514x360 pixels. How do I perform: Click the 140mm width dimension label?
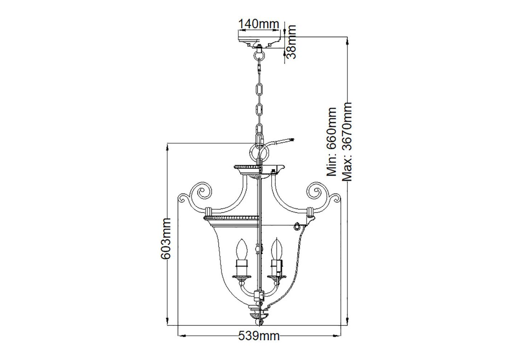[x=259, y=24]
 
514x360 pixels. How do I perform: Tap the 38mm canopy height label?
[x=291, y=42]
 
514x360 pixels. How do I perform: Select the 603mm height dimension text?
[x=165, y=239]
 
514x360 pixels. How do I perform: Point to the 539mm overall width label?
[x=259, y=336]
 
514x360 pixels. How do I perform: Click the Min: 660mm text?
[x=331, y=142]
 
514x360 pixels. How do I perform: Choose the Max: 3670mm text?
[x=347, y=142]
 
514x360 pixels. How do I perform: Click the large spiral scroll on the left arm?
[x=201, y=191]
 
